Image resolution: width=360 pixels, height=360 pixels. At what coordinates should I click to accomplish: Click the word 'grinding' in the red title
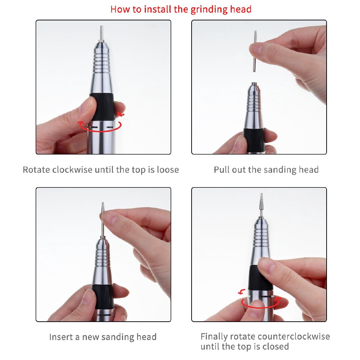point(209,9)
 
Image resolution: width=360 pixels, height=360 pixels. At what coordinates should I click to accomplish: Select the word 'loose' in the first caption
point(168,170)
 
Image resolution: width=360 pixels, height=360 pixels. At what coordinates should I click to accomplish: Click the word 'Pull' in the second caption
point(221,170)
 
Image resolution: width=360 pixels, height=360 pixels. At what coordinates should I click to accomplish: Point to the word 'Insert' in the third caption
point(62,337)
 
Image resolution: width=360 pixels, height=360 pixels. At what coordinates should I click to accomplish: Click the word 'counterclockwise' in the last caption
point(280,336)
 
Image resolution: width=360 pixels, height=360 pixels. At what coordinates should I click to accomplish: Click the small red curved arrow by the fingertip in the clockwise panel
point(121,114)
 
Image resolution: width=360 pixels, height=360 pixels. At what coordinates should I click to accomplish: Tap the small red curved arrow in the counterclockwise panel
point(241,292)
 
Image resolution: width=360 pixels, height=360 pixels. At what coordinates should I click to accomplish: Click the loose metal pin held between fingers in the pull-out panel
point(255,51)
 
